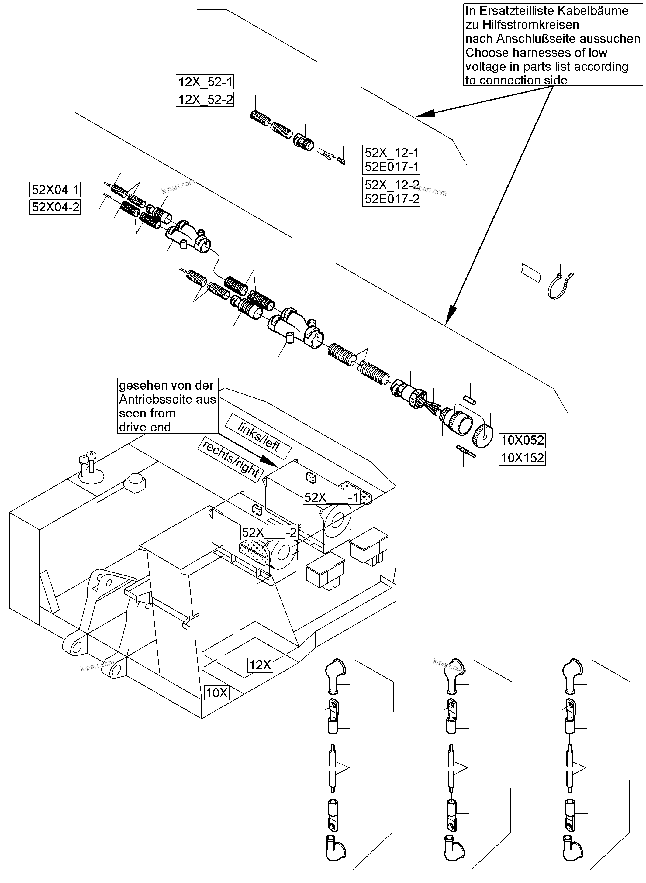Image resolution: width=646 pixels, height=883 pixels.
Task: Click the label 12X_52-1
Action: (x=205, y=82)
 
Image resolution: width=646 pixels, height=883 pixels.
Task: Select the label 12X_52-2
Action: (x=205, y=100)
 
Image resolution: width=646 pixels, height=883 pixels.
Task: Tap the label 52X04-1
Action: (x=55, y=190)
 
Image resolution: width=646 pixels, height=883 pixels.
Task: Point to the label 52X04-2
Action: (x=55, y=207)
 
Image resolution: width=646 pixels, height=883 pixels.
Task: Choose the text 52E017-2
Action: (x=392, y=199)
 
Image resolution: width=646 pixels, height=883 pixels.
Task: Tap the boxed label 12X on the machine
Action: (x=260, y=665)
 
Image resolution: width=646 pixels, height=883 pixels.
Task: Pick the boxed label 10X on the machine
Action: (x=217, y=693)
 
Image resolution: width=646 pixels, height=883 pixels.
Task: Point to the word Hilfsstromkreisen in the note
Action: (x=522, y=25)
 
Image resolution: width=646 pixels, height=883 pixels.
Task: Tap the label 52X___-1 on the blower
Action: (x=332, y=498)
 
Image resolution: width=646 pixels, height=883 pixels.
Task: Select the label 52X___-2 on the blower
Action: (x=269, y=533)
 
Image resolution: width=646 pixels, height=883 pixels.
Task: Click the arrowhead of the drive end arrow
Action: (x=270, y=461)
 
